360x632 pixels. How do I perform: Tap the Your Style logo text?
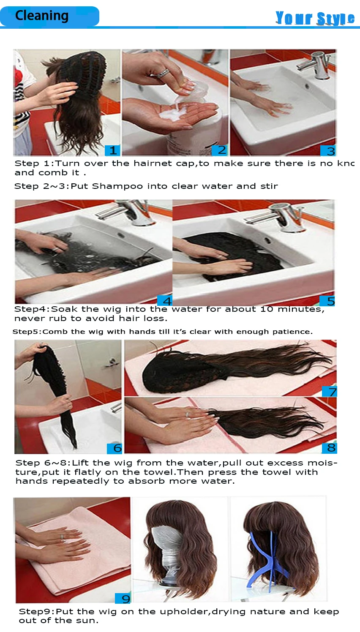click(315, 18)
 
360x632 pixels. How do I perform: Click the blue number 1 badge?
click(112, 150)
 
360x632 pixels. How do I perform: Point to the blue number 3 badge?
click(328, 151)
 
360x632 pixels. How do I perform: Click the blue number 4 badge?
click(165, 301)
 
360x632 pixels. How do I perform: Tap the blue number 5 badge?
click(328, 301)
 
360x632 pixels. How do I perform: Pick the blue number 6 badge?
click(115, 448)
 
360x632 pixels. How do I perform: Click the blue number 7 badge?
click(330, 392)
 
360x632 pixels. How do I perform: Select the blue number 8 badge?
click(330, 448)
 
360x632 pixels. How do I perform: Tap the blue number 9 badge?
click(123, 598)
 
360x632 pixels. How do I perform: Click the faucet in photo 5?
click(287, 215)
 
